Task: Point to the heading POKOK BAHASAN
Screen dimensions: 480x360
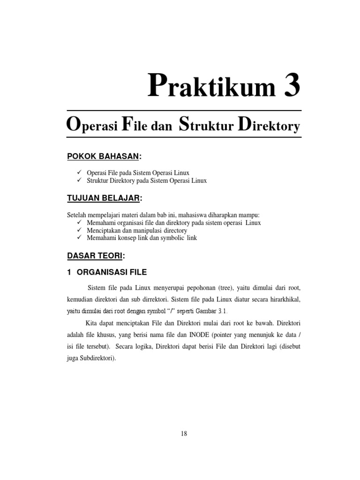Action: tap(97, 156)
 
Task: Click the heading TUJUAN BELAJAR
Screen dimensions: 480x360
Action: tap(104, 199)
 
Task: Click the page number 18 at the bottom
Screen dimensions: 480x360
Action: tap(184, 434)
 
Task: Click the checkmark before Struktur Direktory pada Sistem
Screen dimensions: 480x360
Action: tap(79, 180)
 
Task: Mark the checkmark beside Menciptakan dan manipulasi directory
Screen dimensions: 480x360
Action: tap(79, 230)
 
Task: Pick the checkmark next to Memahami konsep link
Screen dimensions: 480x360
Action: tap(79, 238)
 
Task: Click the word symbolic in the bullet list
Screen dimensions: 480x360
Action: tap(169, 238)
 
